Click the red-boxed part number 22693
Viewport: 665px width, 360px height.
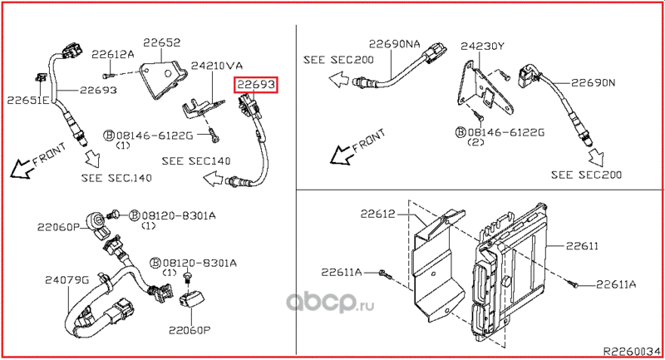[x=256, y=85]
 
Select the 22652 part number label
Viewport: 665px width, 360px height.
[x=161, y=42]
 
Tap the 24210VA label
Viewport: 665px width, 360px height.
[x=217, y=66]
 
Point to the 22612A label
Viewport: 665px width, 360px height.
[x=113, y=54]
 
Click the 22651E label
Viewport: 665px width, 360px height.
[x=28, y=100]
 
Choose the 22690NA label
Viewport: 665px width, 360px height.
[x=394, y=44]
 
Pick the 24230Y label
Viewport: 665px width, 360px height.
[x=482, y=46]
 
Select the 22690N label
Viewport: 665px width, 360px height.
[x=593, y=82]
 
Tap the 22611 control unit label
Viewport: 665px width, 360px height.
[x=582, y=246]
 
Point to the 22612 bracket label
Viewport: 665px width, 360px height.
[x=378, y=214]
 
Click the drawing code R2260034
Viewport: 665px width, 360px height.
[x=632, y=352]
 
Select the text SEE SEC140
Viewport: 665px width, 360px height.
[x=196, y=161]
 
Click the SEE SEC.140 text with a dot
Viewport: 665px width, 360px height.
[x=116, y=178]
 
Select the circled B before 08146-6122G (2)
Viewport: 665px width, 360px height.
[x=461, y=132]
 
